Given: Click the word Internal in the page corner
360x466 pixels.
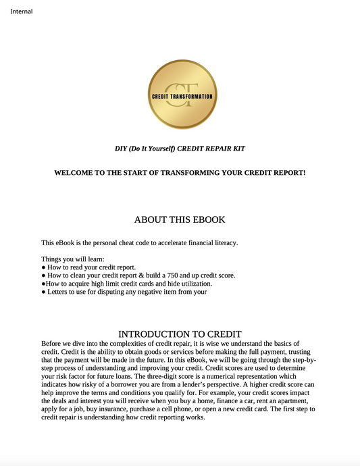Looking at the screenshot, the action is pos(22,11).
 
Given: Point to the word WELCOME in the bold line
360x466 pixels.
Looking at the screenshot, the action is pos(76,173).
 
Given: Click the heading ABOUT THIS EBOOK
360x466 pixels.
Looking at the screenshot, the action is pos(180,219).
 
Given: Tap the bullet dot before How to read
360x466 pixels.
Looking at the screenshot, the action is pos(43,267).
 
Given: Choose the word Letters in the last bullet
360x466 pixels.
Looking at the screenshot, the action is pos(60,292).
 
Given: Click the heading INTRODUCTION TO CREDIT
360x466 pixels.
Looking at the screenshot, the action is pos(180,334).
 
